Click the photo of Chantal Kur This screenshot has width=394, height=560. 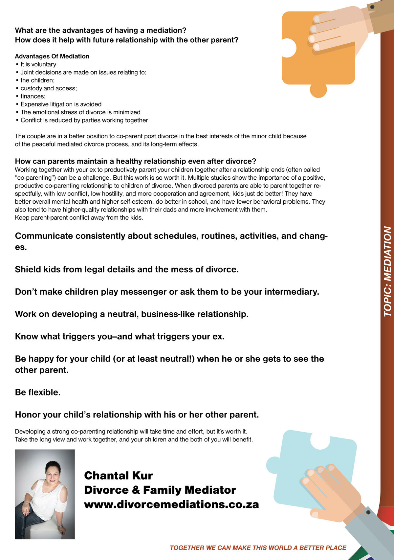45,494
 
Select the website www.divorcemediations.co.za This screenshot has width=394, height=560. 171,504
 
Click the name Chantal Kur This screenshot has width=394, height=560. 119,476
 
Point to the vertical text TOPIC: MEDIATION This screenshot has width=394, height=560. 388,271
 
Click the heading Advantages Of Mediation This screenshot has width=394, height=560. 52,56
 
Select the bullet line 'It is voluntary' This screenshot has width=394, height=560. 38,64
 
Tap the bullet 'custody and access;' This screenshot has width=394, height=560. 49,88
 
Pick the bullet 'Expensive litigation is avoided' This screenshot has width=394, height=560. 61,104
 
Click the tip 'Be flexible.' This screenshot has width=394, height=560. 38,392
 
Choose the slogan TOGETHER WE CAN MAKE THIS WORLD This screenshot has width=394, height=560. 258,548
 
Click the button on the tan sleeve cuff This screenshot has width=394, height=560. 372,7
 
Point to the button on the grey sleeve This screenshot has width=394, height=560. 368,512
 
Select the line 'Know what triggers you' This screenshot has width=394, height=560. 120,336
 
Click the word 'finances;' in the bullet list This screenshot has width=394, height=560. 33,96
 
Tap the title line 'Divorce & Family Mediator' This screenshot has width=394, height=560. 160,490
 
